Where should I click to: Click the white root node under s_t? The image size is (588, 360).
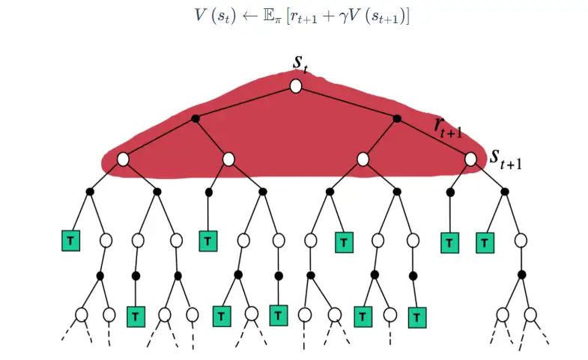point(296,86)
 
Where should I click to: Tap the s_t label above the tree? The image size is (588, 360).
point(301,63)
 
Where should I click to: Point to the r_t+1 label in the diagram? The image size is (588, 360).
point(448,127)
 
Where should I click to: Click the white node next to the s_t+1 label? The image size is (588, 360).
point(470,159)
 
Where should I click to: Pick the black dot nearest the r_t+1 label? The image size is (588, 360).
point(397,118)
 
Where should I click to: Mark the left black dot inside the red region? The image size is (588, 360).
point(196,118)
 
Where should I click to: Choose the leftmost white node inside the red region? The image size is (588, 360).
point(123,159)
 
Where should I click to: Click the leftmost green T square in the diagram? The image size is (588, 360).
point(70,241)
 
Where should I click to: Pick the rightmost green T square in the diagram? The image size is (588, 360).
point(485,242)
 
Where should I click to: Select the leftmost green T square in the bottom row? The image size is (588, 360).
point(136,317)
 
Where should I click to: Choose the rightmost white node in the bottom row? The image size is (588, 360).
point(531,314)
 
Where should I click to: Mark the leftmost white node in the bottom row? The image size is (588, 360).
point(82,314)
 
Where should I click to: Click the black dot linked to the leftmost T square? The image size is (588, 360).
point(89,192)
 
